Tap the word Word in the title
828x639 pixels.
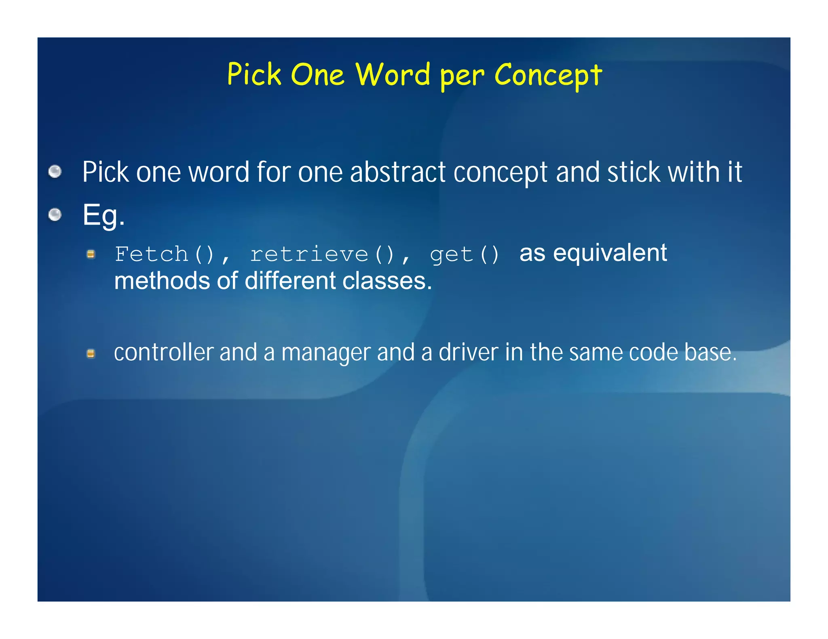tap(393, 75)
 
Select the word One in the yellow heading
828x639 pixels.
tap(317, 75)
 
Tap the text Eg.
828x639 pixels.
tap(103, 215)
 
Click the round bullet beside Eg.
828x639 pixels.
tap(55, 214)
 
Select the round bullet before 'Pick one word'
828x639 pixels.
tap(55, 172)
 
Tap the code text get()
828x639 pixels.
tap(465, 254)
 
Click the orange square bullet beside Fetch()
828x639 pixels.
tap(91, 254)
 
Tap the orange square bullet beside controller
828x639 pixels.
tap(91, 354)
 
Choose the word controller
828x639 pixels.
tap(163, 352)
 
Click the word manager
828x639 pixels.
tap(325, 352)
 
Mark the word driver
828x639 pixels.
tap(468, 352)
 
